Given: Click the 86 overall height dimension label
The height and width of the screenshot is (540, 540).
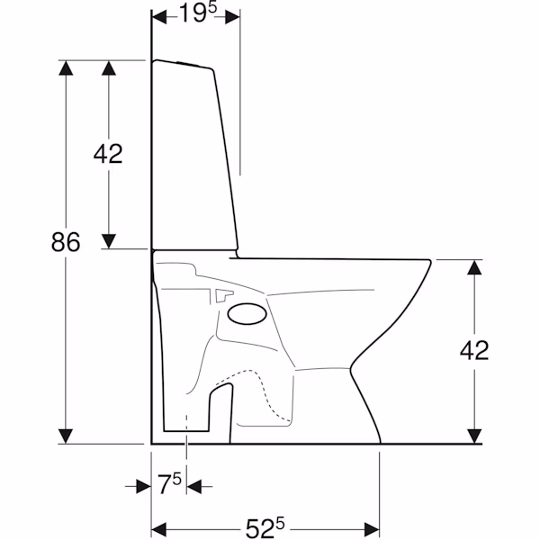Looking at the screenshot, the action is click(x=66, y=241).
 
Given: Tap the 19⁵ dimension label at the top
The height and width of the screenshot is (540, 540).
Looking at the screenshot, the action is click(x=198, y=13).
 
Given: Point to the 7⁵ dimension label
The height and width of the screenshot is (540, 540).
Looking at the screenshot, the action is click(x=169, y=484).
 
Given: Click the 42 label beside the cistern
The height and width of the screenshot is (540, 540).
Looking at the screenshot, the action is click(x=108, y=154).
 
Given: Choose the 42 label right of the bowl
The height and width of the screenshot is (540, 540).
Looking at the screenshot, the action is click(x=474, y=350).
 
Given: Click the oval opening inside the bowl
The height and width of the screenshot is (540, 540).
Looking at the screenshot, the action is click(x=247, y=314).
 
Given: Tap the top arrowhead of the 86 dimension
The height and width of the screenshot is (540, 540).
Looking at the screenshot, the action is click(x=66, y=67).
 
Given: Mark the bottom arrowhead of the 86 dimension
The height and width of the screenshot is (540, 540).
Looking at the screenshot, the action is click(x=66, y=436).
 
